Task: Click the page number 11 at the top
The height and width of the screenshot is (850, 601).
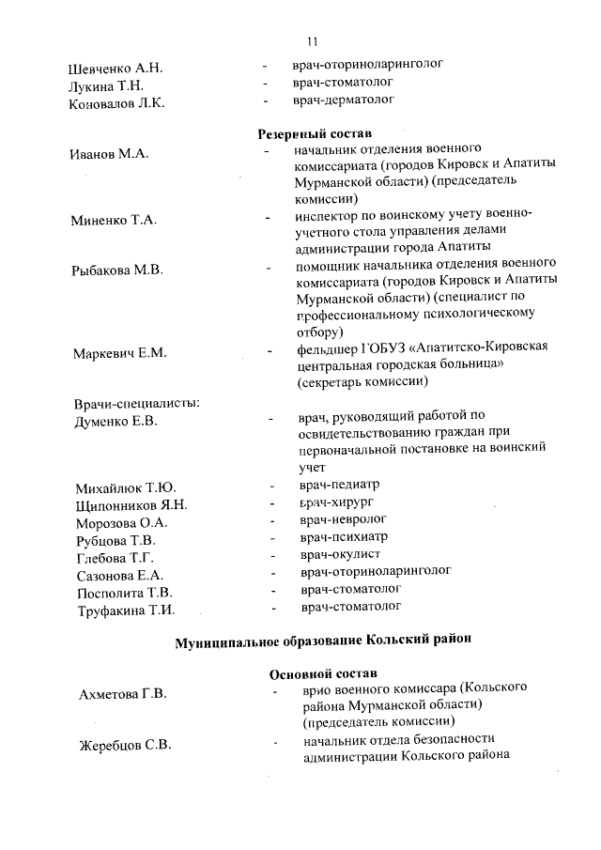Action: click(x=314, y=41)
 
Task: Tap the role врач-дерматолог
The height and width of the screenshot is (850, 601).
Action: click(x=343, y=99)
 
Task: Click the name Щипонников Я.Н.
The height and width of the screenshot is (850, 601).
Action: click(x=131, y=505)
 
